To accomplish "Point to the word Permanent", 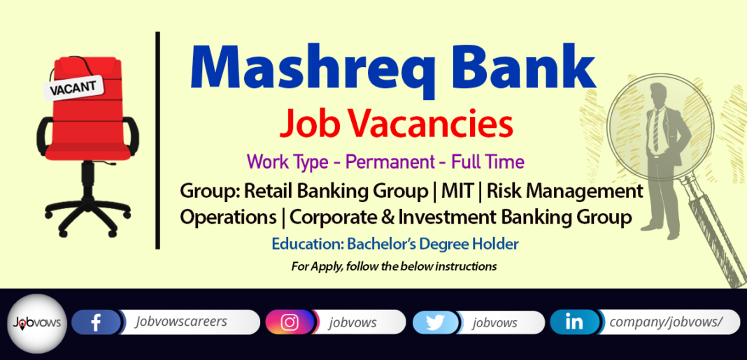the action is click(x=390, y=162).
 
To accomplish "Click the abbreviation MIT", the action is click(x=457, y=192).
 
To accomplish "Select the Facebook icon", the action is click(x=97, y=322).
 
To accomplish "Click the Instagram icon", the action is click(x=289, y=322).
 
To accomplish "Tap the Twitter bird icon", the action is click(x=436, y=322).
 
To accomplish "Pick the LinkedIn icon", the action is click(x=574, y=322).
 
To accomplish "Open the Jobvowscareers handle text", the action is click(x=180, y=322).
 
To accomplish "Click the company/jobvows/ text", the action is click(x=667, y=322).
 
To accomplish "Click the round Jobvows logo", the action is click(x=37, y=324).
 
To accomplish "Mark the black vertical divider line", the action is click(x=157, y=140).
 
